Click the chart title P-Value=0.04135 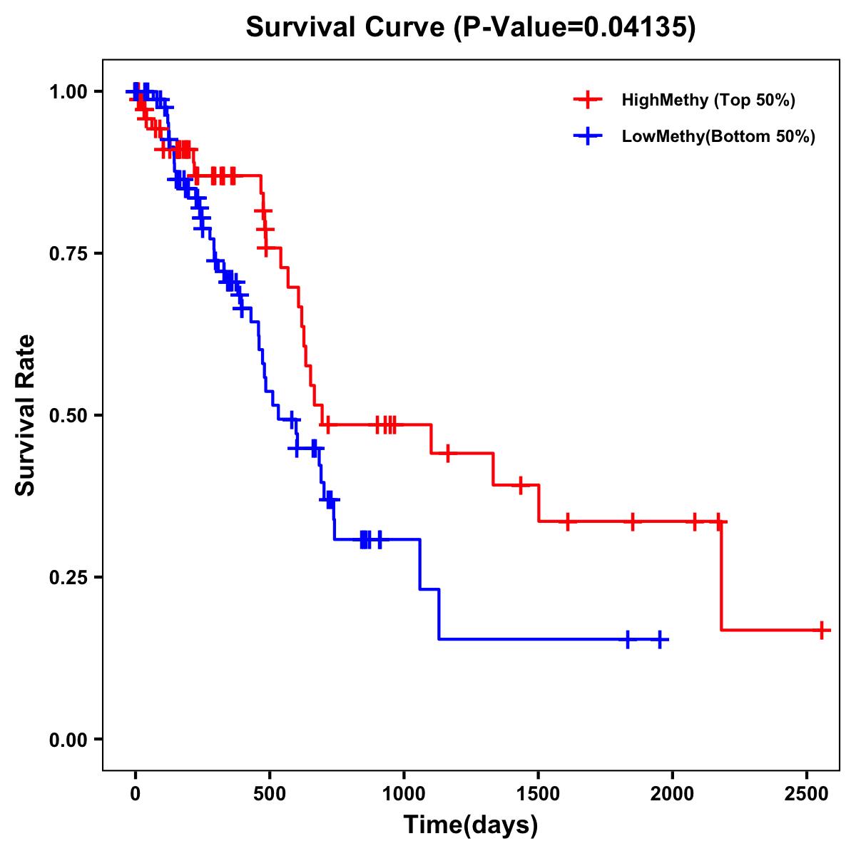(x=470, y=27)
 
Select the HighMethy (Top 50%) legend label (x=708, y=100)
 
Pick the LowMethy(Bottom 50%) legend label (x=718, y=136)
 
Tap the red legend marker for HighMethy (x=587, y=100)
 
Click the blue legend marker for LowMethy (x=587, y=136)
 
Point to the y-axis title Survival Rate (x=26, y=414)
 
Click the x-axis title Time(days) (x=471, y=825)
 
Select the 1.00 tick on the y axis (x=68, y=91)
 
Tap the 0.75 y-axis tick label (x=68, y=253)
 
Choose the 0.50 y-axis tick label (x=68, y=415)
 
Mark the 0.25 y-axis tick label (x=68, y=577)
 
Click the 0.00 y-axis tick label (x=68, y=739)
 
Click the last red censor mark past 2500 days (x=822, y=631)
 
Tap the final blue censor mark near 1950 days (x=660, y=639)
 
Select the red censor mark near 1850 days (x=632, y=521)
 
